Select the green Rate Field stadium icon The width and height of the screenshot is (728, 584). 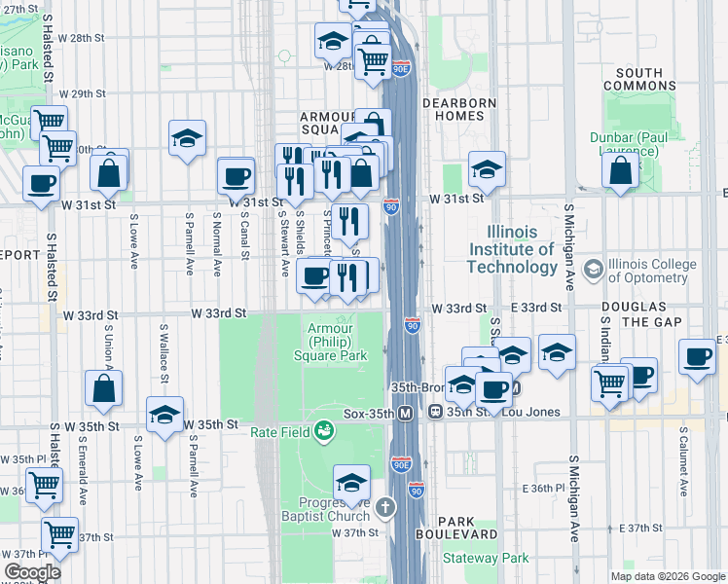pos(324,429)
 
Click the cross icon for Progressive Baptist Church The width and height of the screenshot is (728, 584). pos(385,506)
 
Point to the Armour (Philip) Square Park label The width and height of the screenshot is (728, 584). pos(338,342)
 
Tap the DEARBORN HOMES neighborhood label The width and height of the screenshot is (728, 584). pos(458,109)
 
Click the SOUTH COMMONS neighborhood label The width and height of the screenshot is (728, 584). pos(639,80)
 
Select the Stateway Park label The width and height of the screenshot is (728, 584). pos(486,558)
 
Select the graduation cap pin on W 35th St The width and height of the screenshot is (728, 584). pos(165,414)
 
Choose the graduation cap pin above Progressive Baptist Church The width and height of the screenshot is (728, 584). pos(352,481)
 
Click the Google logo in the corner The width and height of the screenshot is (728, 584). pos(32,572)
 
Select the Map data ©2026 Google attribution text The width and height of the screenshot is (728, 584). pos(667,576)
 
